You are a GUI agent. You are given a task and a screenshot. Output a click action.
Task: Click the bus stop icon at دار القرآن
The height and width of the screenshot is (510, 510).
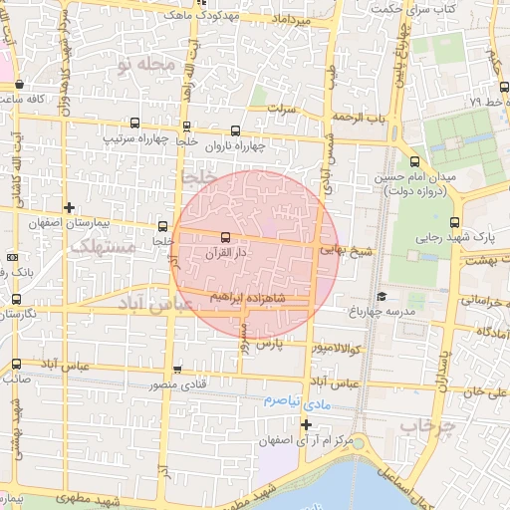tap(224, 237)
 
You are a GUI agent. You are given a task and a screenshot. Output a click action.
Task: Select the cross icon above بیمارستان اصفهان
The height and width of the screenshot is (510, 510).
tap(68, 207)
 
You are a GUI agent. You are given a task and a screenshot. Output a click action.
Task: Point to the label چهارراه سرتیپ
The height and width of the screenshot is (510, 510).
tap(134, 138)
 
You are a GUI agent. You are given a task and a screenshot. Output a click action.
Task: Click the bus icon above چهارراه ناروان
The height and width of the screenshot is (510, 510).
tap(236, 130)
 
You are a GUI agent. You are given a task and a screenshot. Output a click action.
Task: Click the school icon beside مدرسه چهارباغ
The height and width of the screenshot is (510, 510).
tap(382, 296)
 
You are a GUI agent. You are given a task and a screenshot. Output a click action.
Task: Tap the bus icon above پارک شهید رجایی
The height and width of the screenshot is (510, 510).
tap(455, 222)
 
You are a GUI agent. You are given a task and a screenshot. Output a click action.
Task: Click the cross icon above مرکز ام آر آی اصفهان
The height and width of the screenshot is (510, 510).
tap(306, 424)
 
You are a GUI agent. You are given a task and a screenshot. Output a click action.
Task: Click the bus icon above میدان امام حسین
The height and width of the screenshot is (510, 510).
tap(414, 161)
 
